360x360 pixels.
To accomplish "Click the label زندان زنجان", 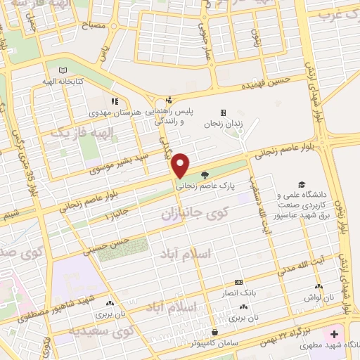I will point(223,124).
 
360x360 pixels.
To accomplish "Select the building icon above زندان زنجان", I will point(223,112).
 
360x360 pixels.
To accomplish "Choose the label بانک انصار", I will point(238,292).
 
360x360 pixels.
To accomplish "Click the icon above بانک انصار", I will point(238,282).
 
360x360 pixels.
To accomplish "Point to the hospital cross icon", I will point(334,333).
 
